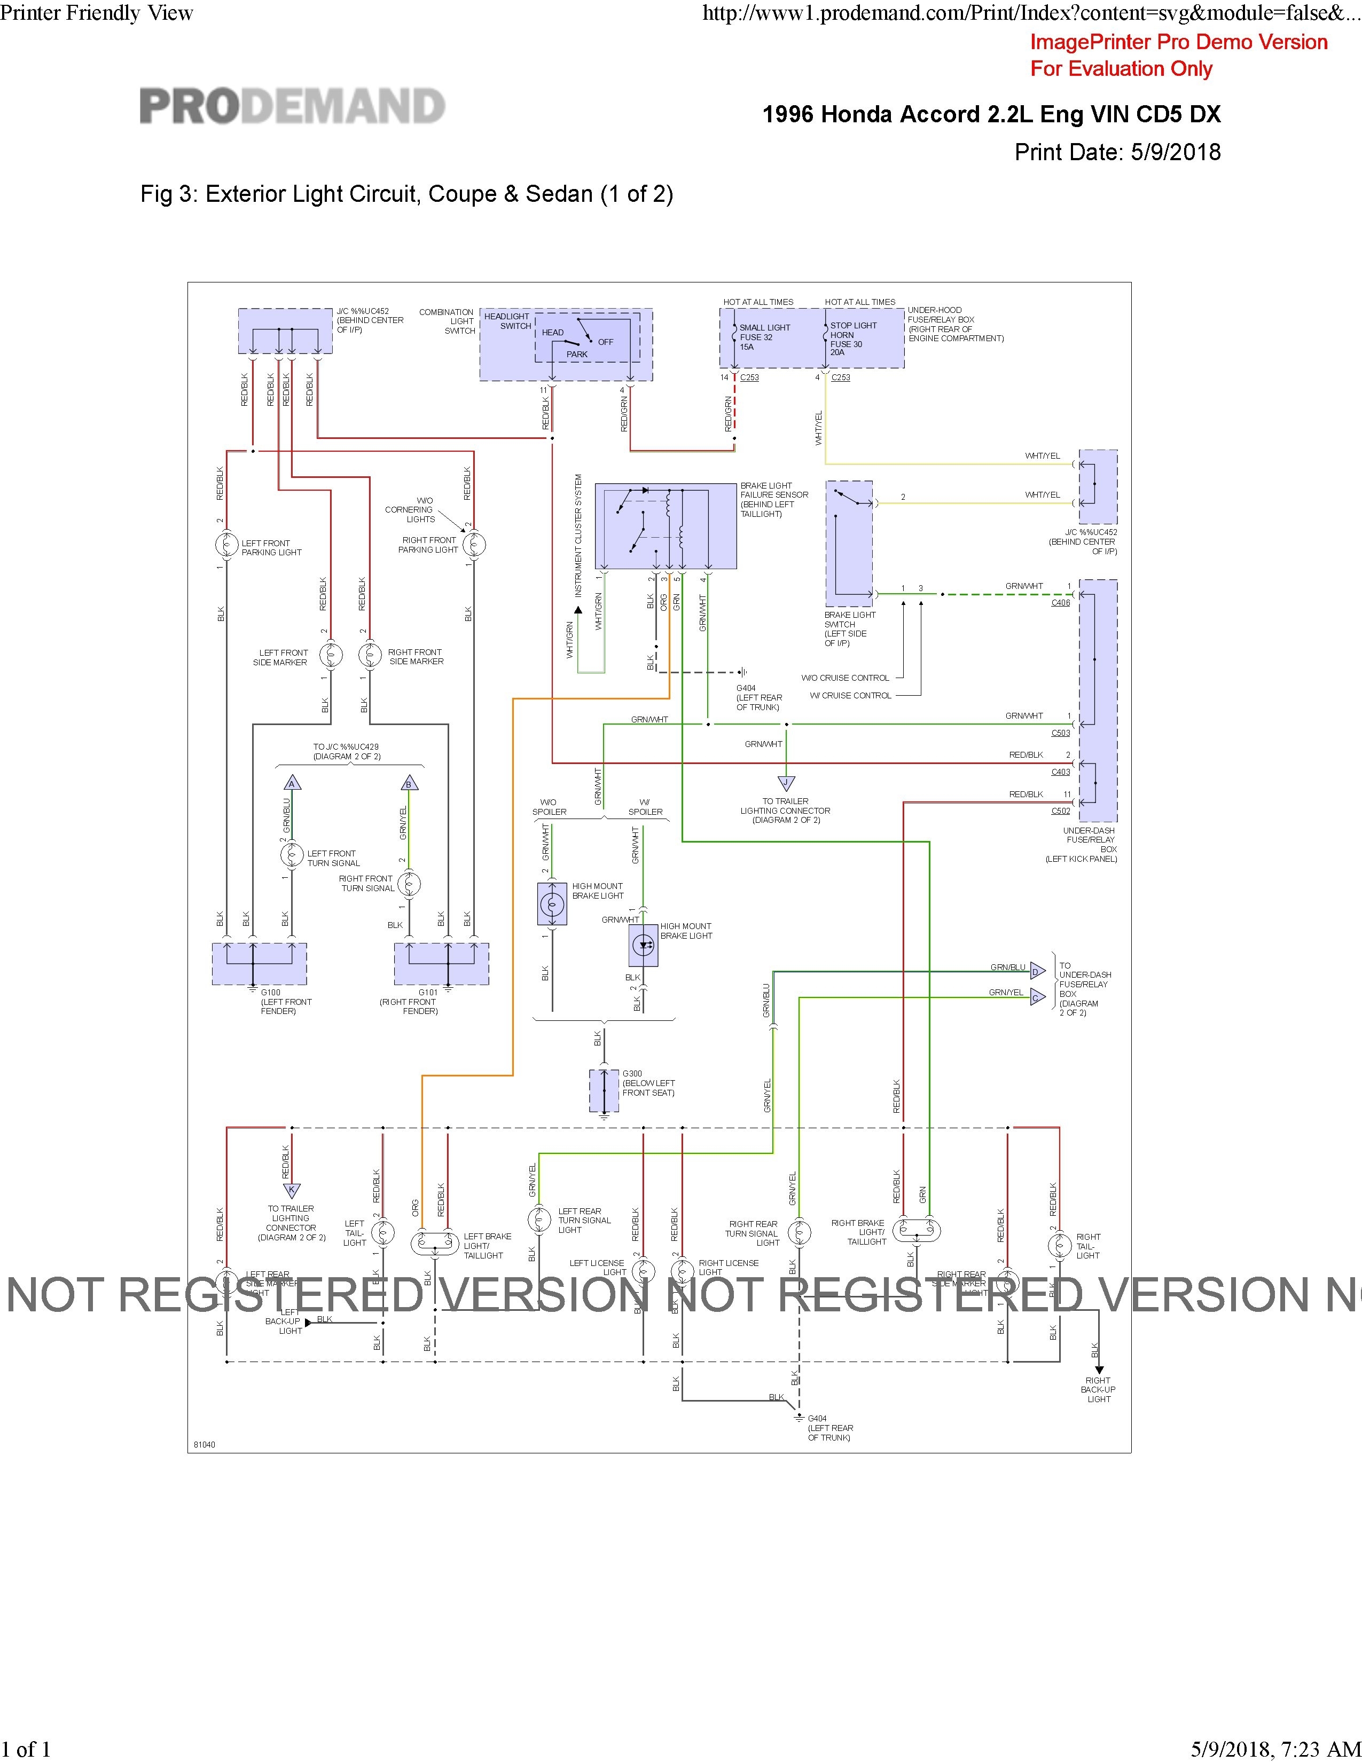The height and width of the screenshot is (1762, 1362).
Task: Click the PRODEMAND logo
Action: click(x=292, y=106)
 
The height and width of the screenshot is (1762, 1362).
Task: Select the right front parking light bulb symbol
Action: click(x=474, y=545)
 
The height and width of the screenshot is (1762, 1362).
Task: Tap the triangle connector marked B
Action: click(x=408, y=783)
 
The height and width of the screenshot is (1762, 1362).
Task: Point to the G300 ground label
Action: click(x=632, y=1074)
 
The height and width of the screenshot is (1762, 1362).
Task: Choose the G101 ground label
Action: click(x=428, y=993)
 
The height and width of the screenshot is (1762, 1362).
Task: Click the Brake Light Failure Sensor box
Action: click(x=665, y=526)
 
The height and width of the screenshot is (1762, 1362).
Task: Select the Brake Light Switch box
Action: click(x=849, y=543)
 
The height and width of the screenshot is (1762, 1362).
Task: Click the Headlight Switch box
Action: click(x=566, y=344)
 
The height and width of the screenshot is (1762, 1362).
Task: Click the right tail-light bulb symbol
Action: click(x=1059, y=1246)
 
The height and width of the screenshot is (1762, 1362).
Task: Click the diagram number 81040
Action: click(x=205, y=1444)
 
